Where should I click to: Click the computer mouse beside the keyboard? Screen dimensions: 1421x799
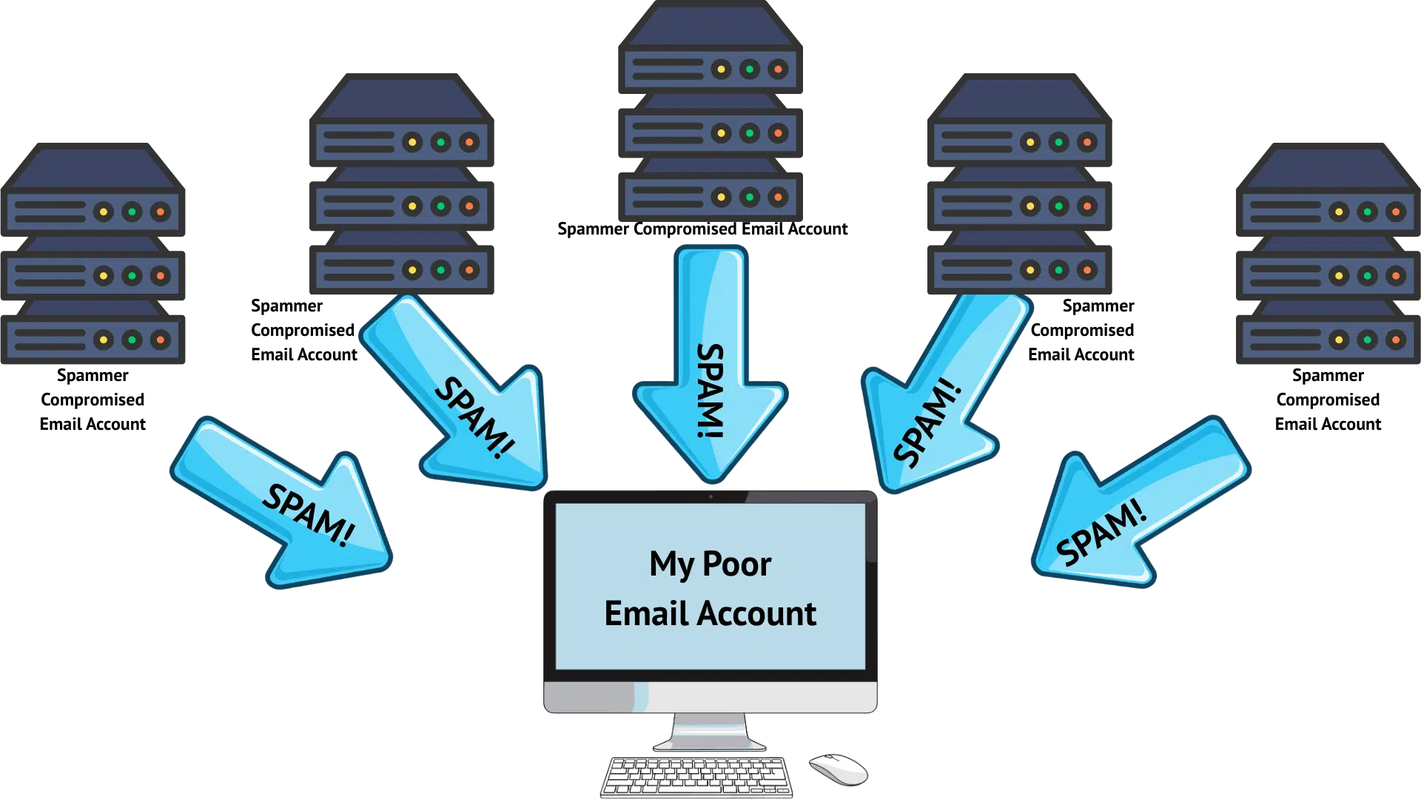[x=839, y=769]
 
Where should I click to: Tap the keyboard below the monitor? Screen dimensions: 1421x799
[x=696, y=777]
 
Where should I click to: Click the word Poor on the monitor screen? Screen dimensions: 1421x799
[x=736, y=564]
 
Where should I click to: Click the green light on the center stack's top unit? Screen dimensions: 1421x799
[x=750, y=70]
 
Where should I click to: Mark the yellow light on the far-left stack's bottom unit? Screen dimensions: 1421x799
[x=104, y=340]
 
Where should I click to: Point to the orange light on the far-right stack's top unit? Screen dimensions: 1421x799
[x=1396, y=212]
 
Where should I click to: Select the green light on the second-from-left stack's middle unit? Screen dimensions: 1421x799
[x=441, y=206]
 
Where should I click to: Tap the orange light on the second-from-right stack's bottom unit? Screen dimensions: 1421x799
[x=1087, y=270]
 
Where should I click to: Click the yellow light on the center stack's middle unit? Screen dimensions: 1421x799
[x=721, y=133]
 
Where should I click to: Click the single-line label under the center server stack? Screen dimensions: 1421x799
[x=702, y=229]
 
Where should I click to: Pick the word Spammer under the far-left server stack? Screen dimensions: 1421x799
[x=93, y=376]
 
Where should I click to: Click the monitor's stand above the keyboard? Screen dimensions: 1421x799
[x=710, y=732]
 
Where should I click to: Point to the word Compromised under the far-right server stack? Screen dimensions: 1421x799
[x=1328, y=400]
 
